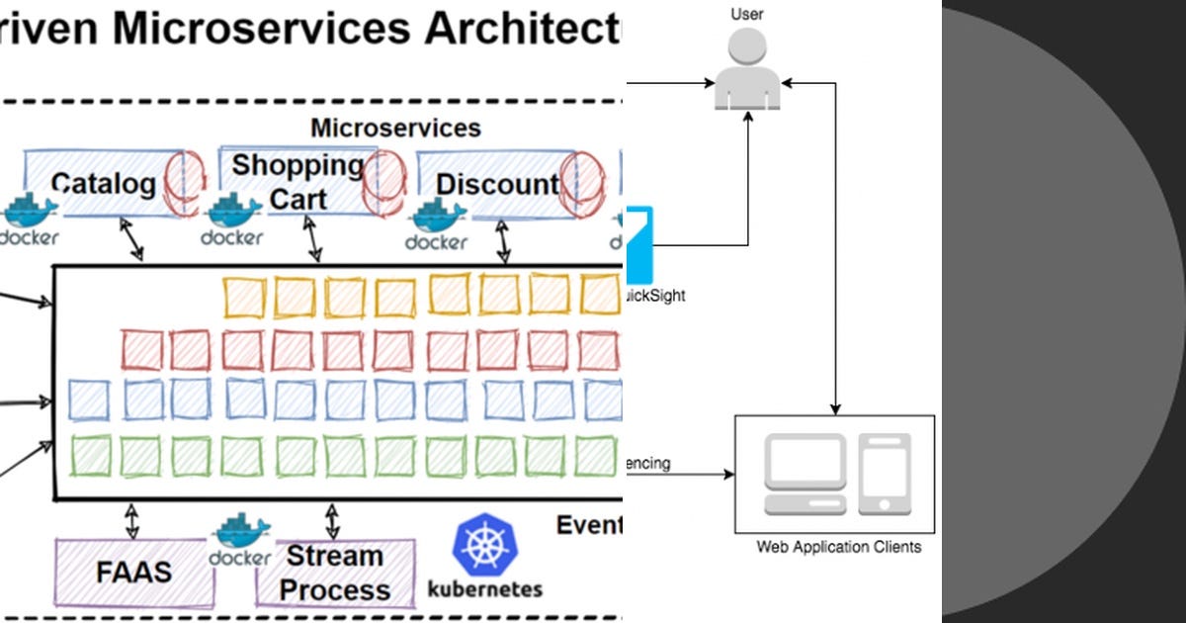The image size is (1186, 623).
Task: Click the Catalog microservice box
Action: (x=104, y=184)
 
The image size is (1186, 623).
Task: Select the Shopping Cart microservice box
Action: (x=296, y=182)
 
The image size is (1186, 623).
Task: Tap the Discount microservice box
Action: (x=497, y=184)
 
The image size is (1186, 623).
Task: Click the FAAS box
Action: (x=133, y=573)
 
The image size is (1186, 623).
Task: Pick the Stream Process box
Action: (x=334, y=573)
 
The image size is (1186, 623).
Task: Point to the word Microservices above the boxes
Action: (x=395, y=128)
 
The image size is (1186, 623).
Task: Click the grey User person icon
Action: (x=747, y=69)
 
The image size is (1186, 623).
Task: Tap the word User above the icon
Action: (x=747, y=14)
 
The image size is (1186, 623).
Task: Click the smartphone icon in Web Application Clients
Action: (x=884, y=473)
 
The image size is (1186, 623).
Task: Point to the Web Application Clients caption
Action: (x=838, y=547)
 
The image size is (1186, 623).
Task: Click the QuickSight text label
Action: (x=654, y=296)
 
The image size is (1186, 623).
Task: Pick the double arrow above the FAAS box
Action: (x=130, y=518)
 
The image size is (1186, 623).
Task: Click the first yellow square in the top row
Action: (x=243, y=297)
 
